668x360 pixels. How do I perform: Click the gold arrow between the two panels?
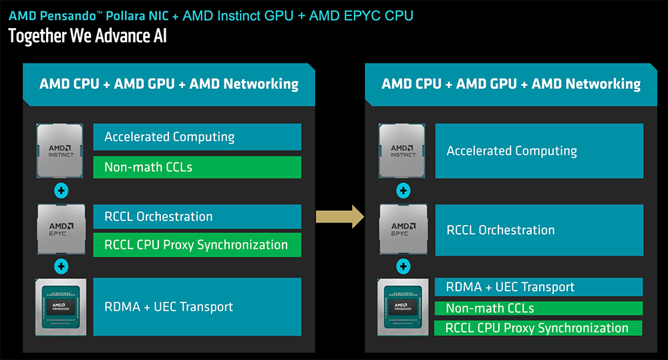(x=340, y=216)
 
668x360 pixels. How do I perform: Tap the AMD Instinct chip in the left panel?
(x=59, y=151)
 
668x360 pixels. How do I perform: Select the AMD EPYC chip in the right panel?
(x=403, y=230)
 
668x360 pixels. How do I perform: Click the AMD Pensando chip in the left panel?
(x=61, y=307)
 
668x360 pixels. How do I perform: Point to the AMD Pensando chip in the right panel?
(x=403, y=307)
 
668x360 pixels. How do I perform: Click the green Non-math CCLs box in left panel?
(x=197, y=167)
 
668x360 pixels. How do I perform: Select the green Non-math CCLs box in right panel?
(x=538, y=308)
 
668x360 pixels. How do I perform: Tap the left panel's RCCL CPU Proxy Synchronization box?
(x=197, y=244)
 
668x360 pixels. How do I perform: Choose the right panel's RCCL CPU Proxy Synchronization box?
(x=538, y=328)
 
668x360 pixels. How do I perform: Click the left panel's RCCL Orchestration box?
(x=197, y=216)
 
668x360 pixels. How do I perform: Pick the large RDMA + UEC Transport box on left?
(x=197, y=307)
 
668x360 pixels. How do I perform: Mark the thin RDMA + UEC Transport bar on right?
(x=538, y=287)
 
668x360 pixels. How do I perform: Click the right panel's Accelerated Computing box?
(x=539, y=151)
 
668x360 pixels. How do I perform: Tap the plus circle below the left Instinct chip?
(x=61, y=190)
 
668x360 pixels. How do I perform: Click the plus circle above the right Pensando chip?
(x=403, y=266)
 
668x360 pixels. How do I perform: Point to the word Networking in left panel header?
(x=261, y=84)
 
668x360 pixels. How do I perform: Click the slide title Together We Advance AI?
(x=88, y=36)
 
